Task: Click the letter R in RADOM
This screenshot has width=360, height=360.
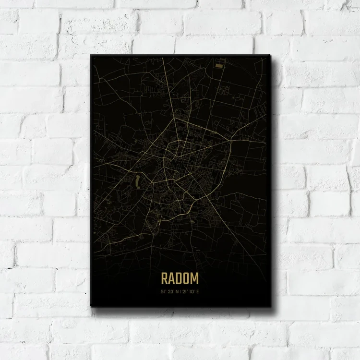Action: coord(165,278)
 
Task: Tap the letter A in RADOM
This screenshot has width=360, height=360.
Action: coord(172,278)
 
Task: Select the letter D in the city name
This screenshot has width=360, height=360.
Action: coord(180,278)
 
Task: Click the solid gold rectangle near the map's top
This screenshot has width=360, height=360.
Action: coord(219,64)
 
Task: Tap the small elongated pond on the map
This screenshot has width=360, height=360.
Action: coord(136,181)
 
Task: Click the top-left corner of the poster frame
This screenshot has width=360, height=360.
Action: coord(91,55)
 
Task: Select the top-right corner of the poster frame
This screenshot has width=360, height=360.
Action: coord(270,55)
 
